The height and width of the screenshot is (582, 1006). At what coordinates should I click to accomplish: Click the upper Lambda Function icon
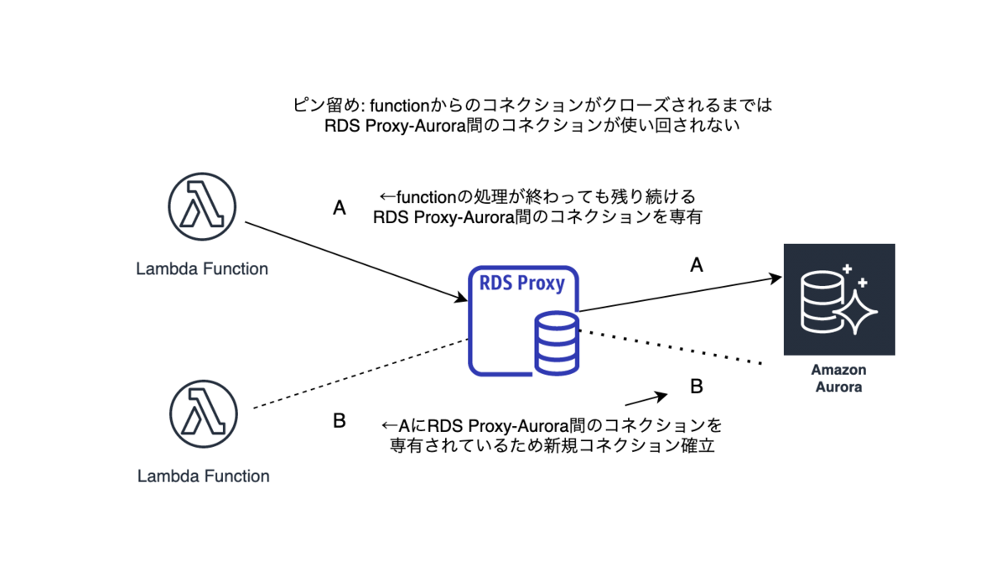pos(202,207)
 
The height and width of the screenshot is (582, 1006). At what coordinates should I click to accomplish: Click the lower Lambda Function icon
pos(204,414)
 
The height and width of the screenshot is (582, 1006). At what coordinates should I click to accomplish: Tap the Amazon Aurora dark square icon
pos(839,299)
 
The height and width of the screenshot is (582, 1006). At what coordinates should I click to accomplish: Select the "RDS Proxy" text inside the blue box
pos(521,283)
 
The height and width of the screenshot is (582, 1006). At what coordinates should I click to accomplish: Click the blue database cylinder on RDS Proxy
pos(557,343)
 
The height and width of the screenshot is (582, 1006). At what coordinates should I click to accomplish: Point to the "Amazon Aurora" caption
pos(838,378)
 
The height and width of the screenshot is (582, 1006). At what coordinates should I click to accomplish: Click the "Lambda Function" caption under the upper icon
pos(202,268)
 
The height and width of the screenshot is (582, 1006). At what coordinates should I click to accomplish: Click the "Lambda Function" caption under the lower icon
pos(204,476)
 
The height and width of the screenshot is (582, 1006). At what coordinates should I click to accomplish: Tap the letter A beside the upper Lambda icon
pos(340,208)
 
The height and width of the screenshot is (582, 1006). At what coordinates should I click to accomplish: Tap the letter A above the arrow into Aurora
pos(697,265)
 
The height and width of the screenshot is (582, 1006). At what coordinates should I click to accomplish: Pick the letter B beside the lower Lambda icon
pos(340,421)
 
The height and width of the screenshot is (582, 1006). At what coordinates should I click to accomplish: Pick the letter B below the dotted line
pos(697,387)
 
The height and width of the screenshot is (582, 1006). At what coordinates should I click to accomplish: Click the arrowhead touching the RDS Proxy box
pos(460,298)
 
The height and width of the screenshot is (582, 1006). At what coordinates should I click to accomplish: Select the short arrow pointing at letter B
pos(646,399)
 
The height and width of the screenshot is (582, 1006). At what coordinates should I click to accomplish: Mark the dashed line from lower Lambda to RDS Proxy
pos(360,373)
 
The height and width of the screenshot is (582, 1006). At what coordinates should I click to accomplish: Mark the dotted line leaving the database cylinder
pos(671,347)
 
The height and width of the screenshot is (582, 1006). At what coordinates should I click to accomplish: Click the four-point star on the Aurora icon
pos(856,312)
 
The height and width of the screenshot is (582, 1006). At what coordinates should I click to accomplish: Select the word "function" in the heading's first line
pos(400,106)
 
